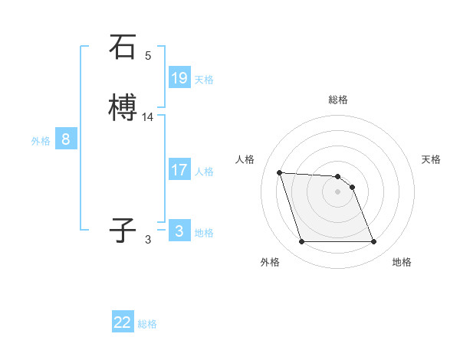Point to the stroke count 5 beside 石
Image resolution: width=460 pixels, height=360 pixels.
[148, 56]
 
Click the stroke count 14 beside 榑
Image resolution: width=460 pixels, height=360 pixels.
[148, 117]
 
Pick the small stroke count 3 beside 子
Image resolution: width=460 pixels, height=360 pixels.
[148, 240]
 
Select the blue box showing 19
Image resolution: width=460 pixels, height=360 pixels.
[179, 78]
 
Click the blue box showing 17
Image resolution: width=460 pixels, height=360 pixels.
[179, 170]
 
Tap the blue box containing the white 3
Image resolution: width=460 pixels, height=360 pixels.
[179, 231]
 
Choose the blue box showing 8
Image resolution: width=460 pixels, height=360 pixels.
[66, 139]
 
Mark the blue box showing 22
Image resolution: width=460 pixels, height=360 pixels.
[123, 322]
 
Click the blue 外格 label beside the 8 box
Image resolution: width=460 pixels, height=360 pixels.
[40, 141]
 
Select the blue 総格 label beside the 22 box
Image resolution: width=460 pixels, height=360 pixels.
[147, 324]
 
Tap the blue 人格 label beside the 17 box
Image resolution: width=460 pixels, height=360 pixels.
[204, 172]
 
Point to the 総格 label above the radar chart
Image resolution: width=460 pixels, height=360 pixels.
[338, 100]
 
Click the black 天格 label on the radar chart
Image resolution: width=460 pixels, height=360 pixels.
[432, 159]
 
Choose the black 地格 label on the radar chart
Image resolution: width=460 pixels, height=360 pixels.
[402, 262]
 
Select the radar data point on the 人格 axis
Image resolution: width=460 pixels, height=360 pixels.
[280, 172]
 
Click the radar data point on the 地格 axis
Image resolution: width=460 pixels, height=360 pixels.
[373, 242]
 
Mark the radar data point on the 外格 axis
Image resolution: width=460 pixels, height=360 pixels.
[301, 242]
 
